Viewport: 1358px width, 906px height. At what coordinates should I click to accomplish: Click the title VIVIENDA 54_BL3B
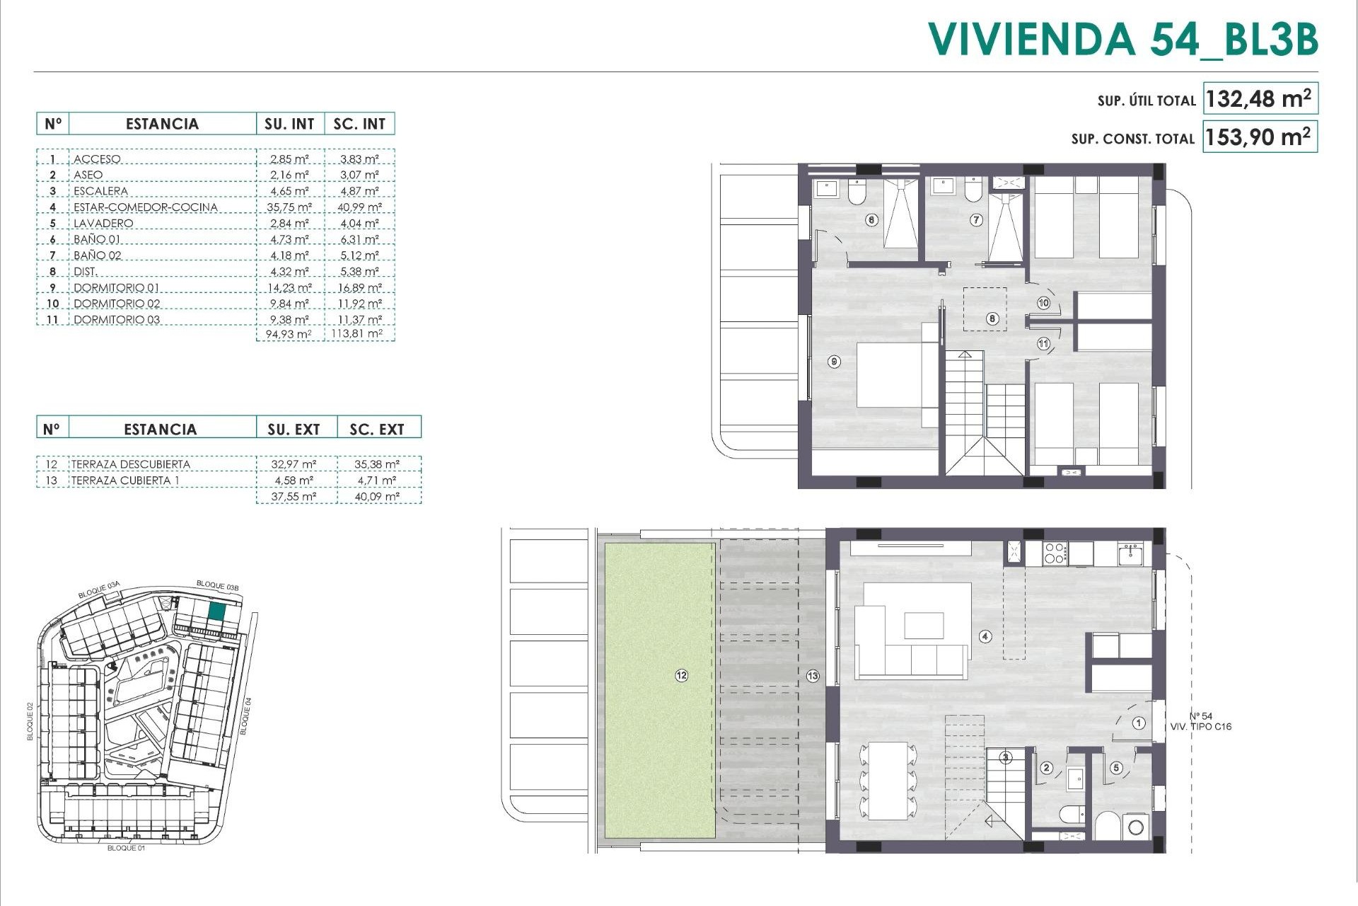coord(1122,39)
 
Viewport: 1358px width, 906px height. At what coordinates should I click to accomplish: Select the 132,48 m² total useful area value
coord(1258,98)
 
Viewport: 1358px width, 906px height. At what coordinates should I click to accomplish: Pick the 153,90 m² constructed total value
coord(1258,136)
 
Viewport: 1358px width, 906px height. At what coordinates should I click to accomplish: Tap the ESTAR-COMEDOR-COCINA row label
coord(145,207)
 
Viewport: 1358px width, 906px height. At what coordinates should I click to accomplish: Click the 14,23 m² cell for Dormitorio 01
coord(289,287)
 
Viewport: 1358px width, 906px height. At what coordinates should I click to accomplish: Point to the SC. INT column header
coord(359,124)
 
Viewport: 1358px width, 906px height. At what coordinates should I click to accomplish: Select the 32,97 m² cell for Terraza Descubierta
coord(294,464)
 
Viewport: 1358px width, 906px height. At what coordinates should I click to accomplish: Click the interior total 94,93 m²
coord(289,334)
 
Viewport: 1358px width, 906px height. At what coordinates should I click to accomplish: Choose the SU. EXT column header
coord(294,429)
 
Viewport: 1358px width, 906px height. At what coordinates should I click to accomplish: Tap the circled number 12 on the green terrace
coord(681,675)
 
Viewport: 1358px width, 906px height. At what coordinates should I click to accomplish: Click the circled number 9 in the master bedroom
coord(835,362)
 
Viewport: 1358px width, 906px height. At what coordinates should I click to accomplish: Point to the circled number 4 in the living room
coord(985,636)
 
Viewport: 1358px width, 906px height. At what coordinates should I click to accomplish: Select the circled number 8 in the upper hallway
coord(992,319)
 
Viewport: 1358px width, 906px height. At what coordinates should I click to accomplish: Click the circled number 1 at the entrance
coord(1139,723)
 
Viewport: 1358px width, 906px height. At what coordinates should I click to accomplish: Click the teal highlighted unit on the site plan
coord(217,611)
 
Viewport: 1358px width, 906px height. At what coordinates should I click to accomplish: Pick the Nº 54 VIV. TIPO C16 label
coord(1200,721)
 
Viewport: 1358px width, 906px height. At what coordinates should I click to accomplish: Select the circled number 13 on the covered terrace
coord(813,676)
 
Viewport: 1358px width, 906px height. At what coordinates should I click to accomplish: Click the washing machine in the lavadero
coord(1136,827)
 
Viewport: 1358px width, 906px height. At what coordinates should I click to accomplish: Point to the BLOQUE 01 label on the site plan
coord(126,848)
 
